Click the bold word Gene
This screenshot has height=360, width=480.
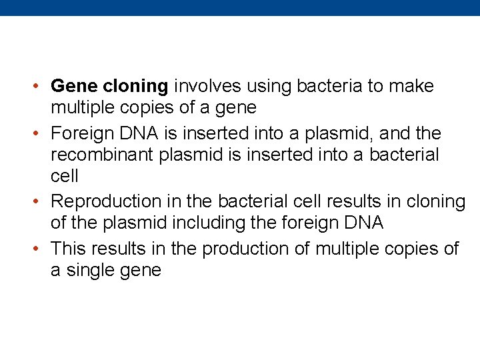pos(75,87)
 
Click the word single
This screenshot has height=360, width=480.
pos(93,271)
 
